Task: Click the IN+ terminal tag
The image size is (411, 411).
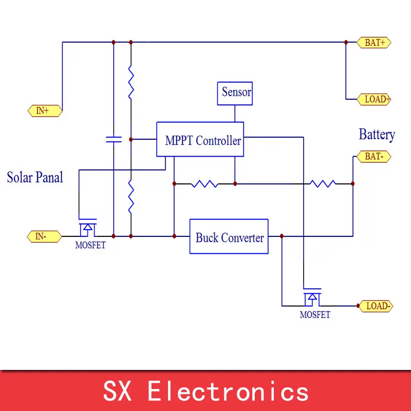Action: pos(45,111)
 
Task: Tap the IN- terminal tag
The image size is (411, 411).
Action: pos(44,236)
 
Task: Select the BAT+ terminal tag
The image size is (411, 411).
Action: pos(374,43)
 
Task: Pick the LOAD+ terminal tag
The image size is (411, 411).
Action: pos(374,99)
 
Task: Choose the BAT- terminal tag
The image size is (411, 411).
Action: pos(374,157)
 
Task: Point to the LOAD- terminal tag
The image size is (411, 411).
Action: pos(376,306)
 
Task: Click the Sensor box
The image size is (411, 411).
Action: pos(235,94)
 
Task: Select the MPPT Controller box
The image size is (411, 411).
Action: pos(200,139)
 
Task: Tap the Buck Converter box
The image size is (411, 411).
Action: pos(229,236)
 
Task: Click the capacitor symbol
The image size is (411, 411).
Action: pos(114,139)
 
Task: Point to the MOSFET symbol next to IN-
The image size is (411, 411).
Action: pos(88,227)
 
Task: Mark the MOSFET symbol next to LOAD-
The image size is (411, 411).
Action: pos(312,297)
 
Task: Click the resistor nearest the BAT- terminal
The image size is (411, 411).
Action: pos(323,183)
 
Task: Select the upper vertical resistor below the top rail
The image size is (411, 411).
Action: pos(131,82)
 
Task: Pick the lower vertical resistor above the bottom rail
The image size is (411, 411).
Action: pos(131,197)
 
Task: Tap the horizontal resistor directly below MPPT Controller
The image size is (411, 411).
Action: pos(204,183)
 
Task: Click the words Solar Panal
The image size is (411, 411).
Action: pos(35,177)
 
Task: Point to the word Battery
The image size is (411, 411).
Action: pos(377,135)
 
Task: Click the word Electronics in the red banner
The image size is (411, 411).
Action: pos(228,391)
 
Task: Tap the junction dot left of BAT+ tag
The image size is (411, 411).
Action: pos(346,42)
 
